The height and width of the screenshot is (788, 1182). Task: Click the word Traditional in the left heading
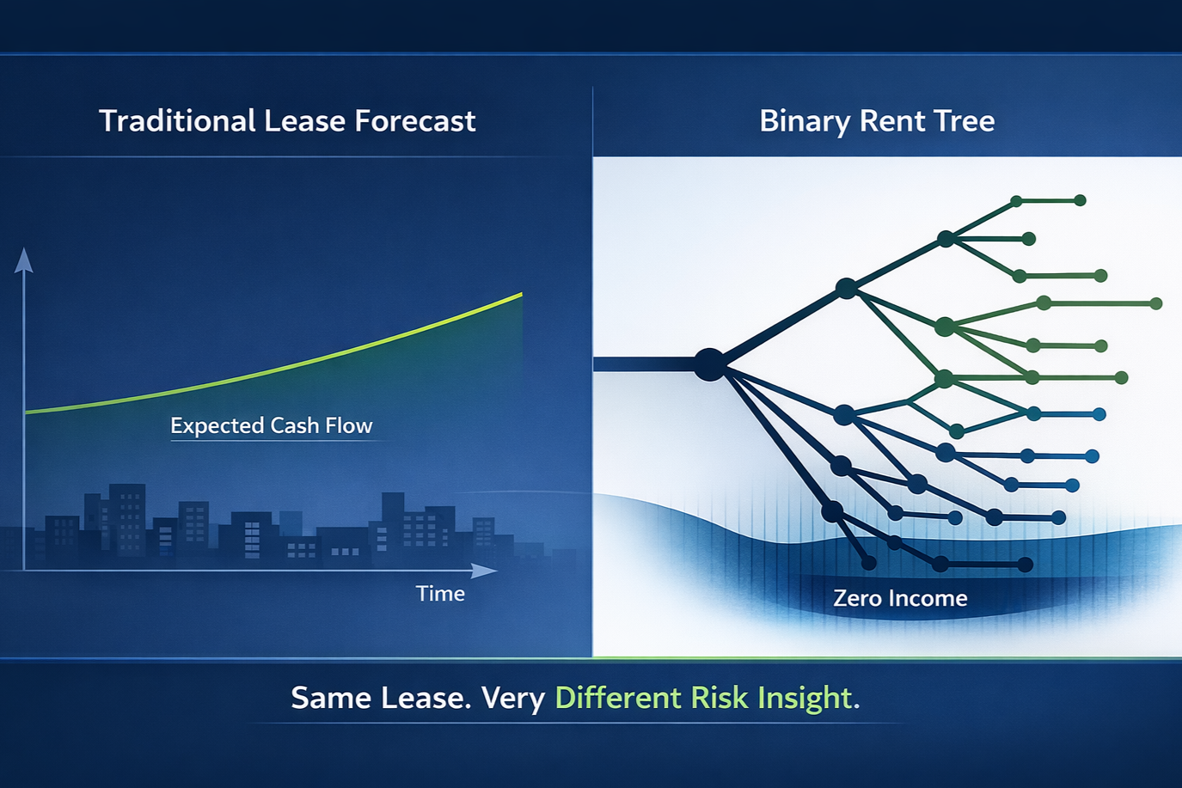[x=177, y=121]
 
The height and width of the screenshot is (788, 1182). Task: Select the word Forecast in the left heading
[x=415, y=121]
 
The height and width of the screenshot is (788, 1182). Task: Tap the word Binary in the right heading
[x=805, y=122]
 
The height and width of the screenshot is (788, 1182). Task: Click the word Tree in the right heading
[x=964, y=121]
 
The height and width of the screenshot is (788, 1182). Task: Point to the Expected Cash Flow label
[x=272, y=425]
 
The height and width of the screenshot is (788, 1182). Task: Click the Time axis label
[x=441, y=594]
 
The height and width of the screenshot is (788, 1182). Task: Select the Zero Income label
[x=900, y=598]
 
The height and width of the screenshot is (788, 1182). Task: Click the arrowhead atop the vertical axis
[x=23, y=260]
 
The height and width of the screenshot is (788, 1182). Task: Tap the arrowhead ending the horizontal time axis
[x=483, y=571]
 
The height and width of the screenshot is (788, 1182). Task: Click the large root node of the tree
[x=710, y=364]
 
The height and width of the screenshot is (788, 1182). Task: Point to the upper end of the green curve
[x=522, y=294]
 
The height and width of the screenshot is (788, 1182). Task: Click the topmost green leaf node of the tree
[x=1081, y=200]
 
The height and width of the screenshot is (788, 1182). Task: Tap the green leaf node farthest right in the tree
[x=1155, y=303]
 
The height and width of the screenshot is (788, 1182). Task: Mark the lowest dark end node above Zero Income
[x=1025, y=565]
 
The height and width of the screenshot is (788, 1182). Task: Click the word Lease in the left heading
[x=305, y=121]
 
